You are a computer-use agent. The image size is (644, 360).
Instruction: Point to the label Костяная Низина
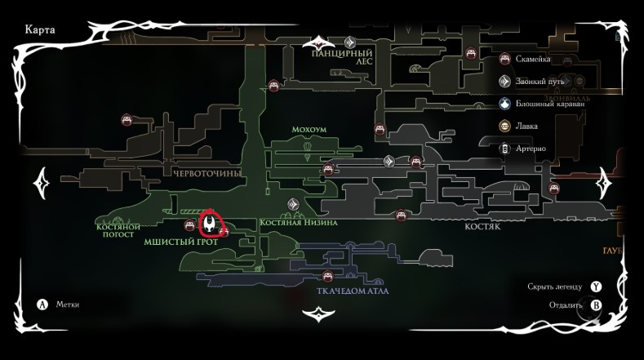point(298,222)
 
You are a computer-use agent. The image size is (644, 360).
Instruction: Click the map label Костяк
point(482,229)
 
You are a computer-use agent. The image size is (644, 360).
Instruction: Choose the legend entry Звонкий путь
point(539,82)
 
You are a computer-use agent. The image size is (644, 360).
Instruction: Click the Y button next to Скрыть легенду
point(597,287)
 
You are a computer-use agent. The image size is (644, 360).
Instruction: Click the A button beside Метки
point(43,304)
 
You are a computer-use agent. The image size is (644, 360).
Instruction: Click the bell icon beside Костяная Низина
point(291,205)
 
